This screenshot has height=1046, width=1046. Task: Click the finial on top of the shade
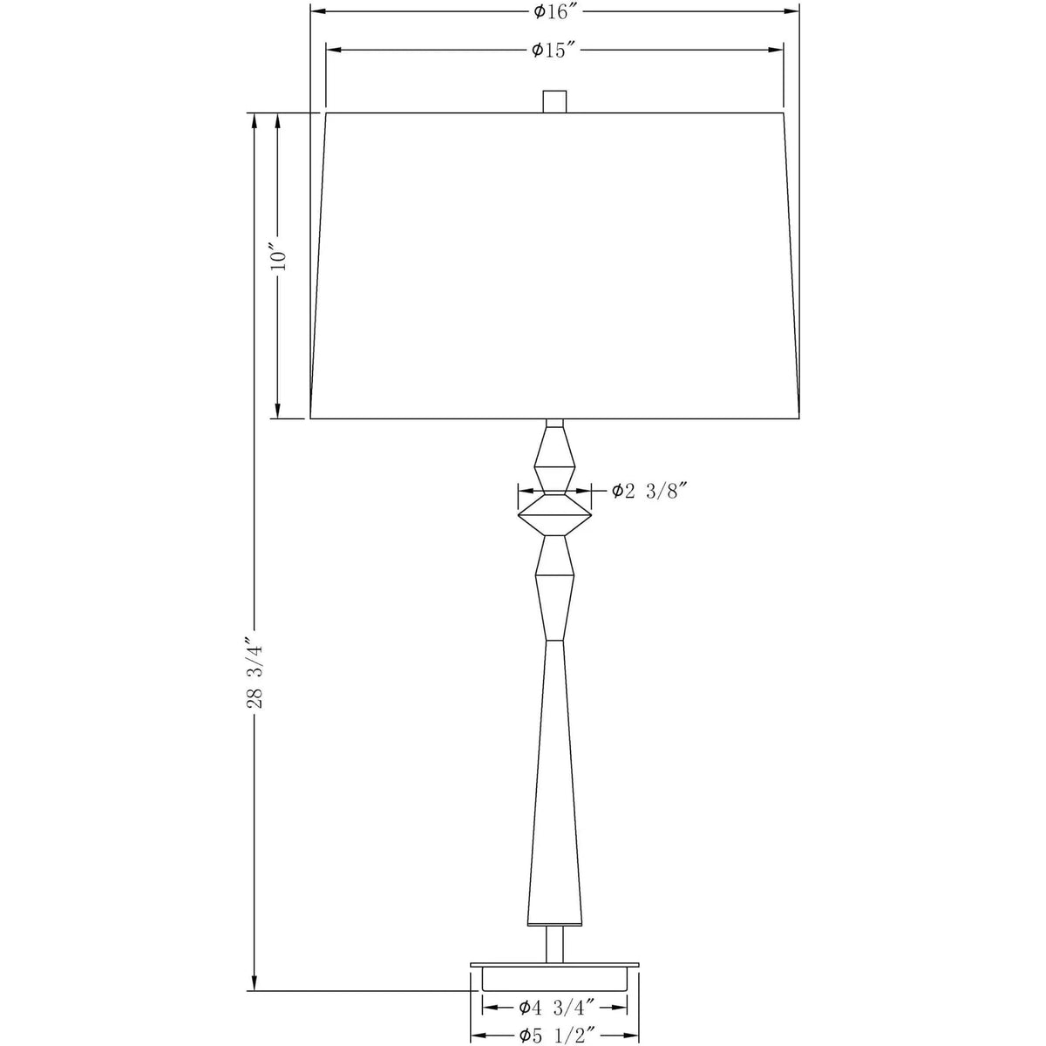pos(554,101)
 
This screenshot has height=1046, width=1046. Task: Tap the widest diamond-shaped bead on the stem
pos(554,514)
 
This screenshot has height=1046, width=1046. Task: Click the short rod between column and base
pos(554,944)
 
